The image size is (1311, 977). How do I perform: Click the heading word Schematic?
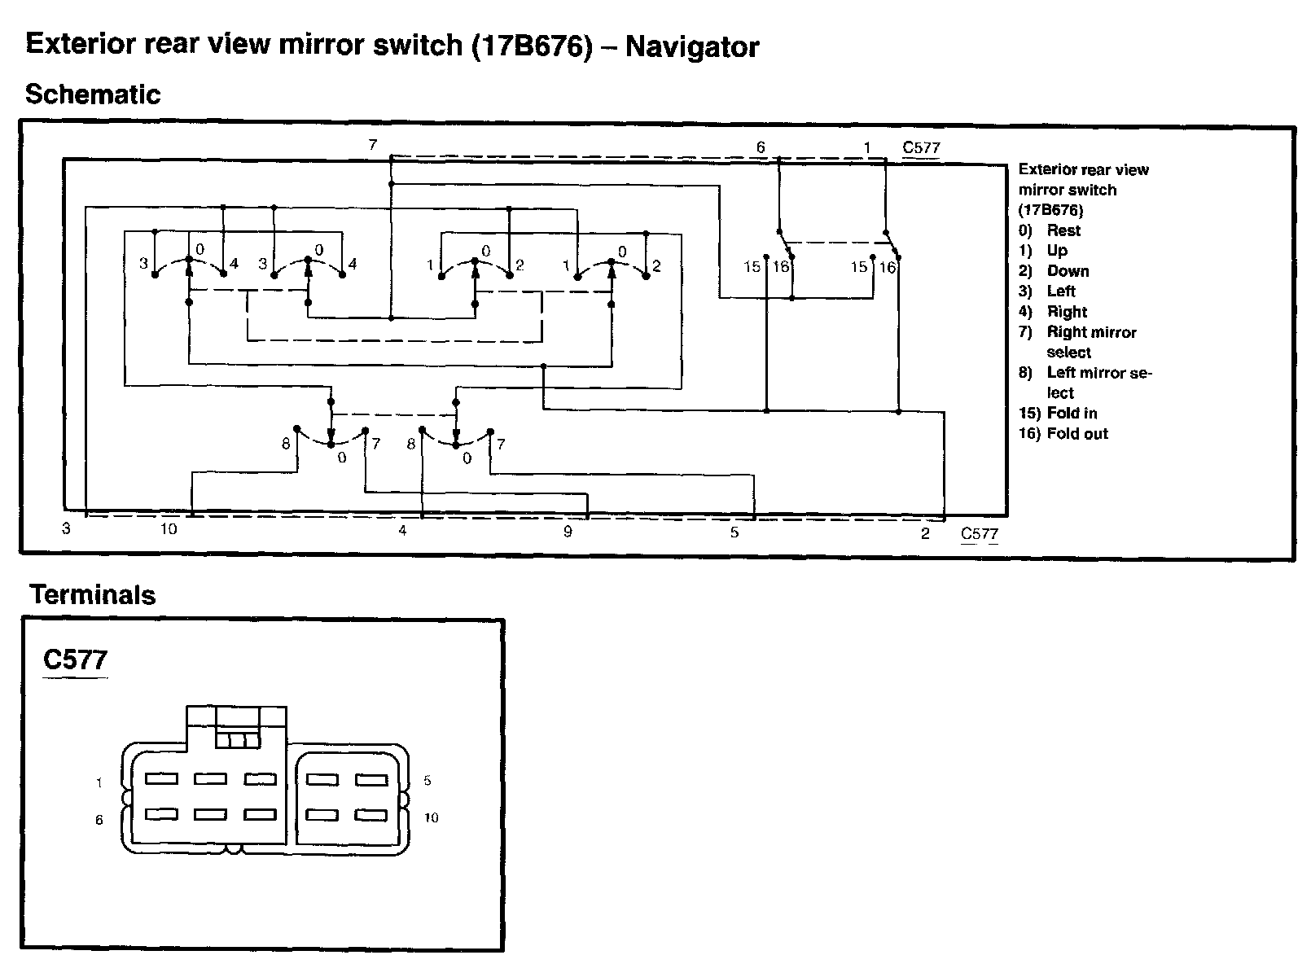click(x=93, y=95)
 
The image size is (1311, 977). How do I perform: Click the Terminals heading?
click(x=92, y=595)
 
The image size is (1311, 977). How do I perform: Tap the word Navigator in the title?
click(x=691, y=47)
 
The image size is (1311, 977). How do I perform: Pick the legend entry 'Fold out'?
click(x=1076, y=434)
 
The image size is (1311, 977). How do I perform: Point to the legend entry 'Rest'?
click(x=1063, y=230)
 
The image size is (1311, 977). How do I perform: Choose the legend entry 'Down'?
click(x=1068, y=271)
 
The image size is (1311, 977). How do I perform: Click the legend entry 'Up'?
click(x=1057, y=251)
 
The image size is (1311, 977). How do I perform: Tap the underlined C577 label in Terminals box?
click(x=75, y=659)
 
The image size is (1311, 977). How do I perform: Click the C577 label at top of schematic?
click(x=921, y=148)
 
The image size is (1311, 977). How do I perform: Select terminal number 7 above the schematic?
click(x=372, y=145)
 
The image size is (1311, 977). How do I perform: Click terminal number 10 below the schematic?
click(x=168, y=529)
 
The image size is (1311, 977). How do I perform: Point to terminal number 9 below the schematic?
click(x=568, y=532)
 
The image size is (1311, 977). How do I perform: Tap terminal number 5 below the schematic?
click(x=734, y=532)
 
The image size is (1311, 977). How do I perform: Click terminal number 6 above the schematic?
click(x=761, y=147)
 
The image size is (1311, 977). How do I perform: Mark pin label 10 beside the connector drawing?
click(x=431, y=817)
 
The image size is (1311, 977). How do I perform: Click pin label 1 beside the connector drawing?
click(x=99, y=783)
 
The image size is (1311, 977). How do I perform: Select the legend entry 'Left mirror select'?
click(x=1098, y=383)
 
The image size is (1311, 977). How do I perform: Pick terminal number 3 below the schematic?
click(x=66, y=528)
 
